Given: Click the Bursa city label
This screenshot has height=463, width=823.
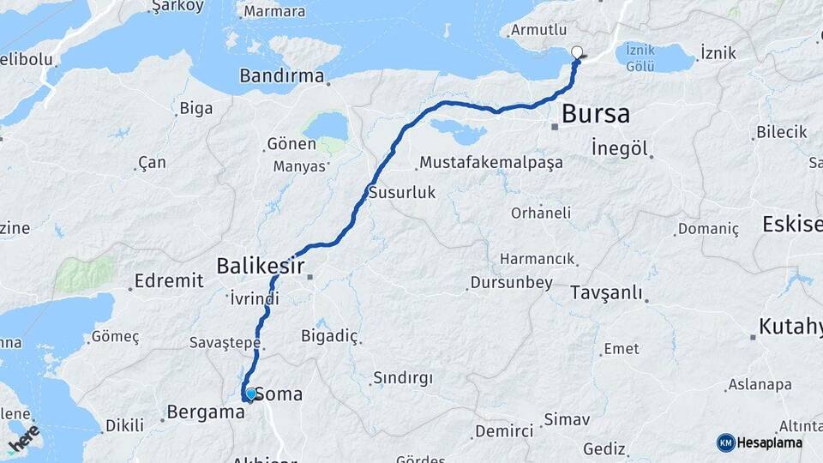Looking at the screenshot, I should tap(596, 113).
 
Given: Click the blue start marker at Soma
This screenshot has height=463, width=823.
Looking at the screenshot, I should tap(250, 394).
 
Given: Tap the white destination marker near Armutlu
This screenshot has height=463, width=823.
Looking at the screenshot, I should tap(577, 51).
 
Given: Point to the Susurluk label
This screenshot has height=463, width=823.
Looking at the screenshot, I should tap(402, 193).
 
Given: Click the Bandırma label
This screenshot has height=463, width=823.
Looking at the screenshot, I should tap(282, 76).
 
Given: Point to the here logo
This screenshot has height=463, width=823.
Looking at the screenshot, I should tap(23, 439).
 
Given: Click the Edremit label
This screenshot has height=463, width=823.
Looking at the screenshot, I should tap(170, 280).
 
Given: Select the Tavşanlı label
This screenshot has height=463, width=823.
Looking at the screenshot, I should tap(606, 292).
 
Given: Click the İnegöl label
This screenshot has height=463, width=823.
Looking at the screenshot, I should tap(619, 147).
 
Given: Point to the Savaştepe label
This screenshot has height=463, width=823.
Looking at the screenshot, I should tap(224, 343).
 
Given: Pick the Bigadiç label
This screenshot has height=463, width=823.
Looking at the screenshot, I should tap(328, 335).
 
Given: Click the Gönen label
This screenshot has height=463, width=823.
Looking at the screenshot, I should tap(291, 143).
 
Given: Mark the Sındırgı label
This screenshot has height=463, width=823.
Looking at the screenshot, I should tap(403, 378).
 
